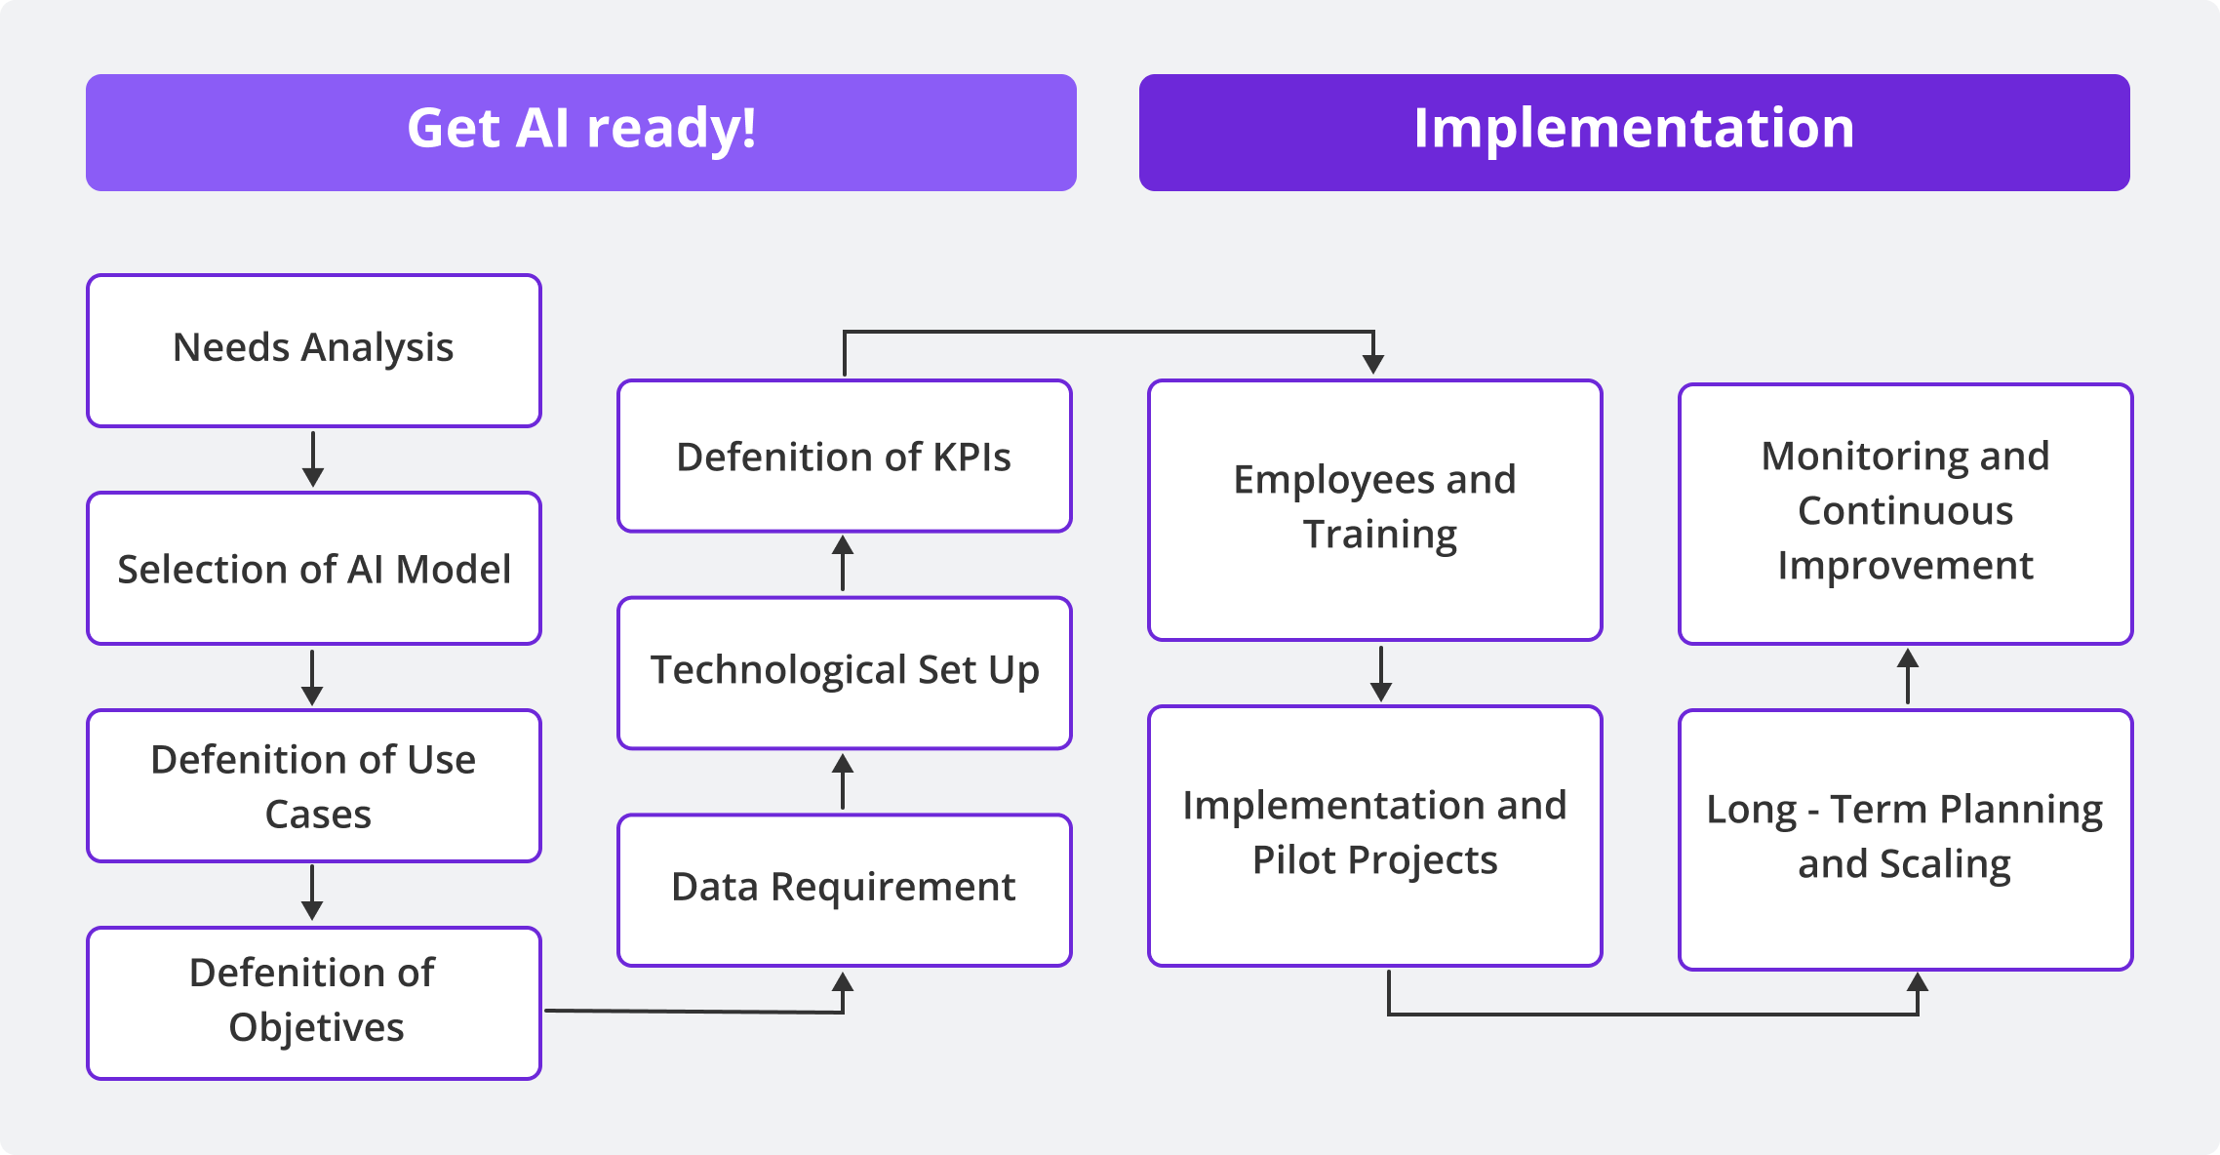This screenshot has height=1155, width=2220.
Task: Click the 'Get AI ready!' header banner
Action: (x=580, y=132)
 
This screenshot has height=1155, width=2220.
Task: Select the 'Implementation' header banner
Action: (x=1634, y=132)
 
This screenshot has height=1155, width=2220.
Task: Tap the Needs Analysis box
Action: (x=313, y=350)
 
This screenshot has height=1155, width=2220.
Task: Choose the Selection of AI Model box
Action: (x=313, y=569)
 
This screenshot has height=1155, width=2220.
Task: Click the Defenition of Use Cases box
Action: (x=313, y=785)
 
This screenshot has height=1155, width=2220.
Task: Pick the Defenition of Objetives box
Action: (x=313, y=1002)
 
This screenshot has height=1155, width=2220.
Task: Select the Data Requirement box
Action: (x=844, y=890)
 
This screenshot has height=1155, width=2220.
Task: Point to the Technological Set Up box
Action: (x=844, y=672)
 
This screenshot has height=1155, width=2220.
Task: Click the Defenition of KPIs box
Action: (x=844, y=456)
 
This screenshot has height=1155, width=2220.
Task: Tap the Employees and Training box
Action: (x=1374, y=509)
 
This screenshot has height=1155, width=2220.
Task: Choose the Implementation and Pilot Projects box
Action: (x=1374, y=835)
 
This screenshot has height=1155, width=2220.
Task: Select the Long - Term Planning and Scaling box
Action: (x=1905, y=839)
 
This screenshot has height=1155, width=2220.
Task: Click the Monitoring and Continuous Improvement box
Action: (x=1905, y=513)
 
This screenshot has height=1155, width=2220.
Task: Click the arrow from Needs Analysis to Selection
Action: (x=313, y=459)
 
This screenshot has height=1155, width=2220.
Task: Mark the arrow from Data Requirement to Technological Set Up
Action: (x=844, y=781)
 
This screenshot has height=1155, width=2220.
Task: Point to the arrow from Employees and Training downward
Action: (x=1381, y=673)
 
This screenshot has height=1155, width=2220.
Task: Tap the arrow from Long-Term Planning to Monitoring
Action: (x=1908, y=676)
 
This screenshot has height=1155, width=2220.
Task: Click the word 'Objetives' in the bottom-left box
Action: (x=316, y=1027)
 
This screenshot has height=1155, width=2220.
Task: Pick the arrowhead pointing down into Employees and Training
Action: (x=1373, y=364)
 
